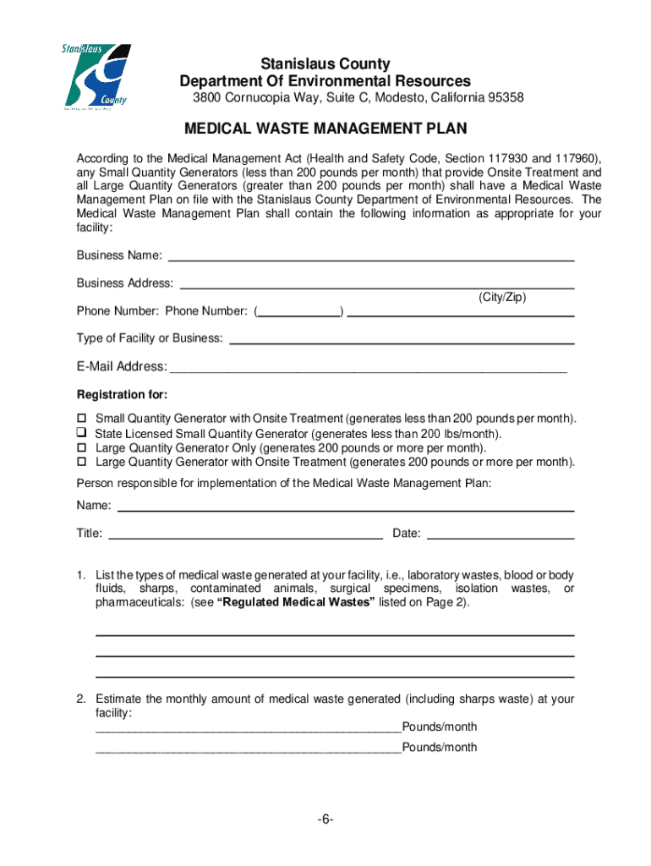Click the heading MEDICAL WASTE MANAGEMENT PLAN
point(325,129)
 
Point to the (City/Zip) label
point(502,297)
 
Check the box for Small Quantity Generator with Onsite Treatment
point(83,419)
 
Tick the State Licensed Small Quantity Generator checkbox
point(83,433)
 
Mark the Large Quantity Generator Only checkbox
point(83,447)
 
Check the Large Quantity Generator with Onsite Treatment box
point(83,462)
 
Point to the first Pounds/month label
point(440,727)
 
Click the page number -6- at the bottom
point(326,820)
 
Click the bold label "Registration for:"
point(122,395)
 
